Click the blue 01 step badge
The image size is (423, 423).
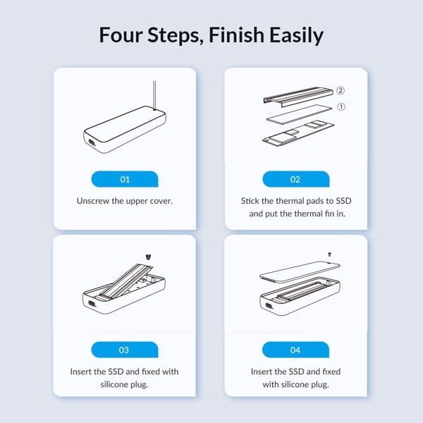pos(125,179)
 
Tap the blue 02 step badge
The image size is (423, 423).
pos(296,179)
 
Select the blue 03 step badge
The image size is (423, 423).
pos(125,350)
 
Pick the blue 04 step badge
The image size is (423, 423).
pos(295,350)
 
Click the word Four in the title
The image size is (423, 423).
pos(121,35)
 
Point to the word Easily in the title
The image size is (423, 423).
pos(296,36)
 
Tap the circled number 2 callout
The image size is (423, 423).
pos(341,91)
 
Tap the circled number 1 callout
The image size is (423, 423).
pos(341,107)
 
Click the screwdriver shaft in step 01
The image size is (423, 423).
pos(154,95)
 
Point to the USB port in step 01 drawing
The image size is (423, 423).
pos(92,142)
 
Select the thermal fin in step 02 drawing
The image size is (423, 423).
pos(298,97)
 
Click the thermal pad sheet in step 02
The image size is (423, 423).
pos(299,115)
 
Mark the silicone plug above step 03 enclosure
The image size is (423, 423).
pos(148,257)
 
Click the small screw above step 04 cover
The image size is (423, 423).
pos(329,255)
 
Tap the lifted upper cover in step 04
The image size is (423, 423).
pos(300,271)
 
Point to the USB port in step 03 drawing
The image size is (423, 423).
pos(92,303)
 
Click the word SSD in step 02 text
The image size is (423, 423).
pos(344,201)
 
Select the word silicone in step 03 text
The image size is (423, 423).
pos(114,384)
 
